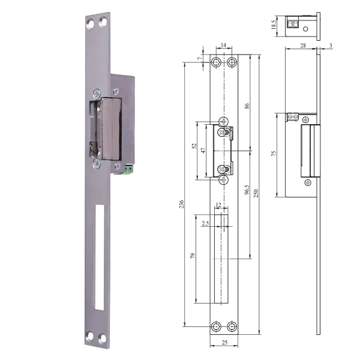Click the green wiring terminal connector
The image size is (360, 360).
tap(128, 170)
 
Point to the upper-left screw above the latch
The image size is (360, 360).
tap(95, 92)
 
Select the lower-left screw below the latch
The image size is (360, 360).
tap(94, 160)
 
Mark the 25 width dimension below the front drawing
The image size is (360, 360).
tap(224, 343)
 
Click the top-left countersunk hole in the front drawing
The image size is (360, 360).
tap(215, 62)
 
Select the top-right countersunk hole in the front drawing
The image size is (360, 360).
tap(232, 62)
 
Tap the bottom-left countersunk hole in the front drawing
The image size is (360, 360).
tap(215, 327)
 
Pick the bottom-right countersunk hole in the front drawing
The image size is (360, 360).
tap(232, 327)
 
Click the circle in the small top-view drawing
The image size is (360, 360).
tap(306, 27)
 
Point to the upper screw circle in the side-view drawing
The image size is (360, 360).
tap(307, 120)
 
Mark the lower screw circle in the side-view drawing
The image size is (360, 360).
tap(307, 181)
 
